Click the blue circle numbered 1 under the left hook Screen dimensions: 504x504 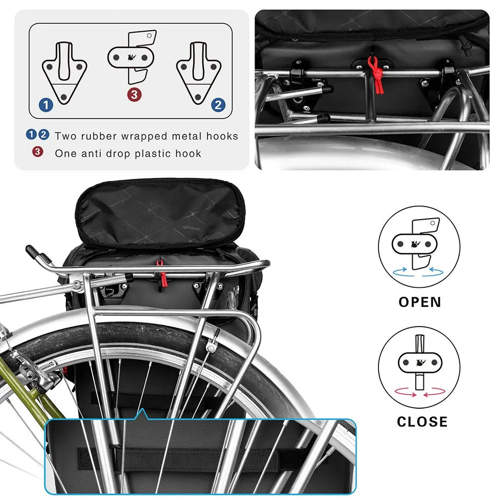(46, 105)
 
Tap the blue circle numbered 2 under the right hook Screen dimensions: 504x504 (218, 105)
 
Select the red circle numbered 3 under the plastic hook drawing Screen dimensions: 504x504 (133, 94)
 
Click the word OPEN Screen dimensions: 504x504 (420, 302)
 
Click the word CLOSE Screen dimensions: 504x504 (422, 421)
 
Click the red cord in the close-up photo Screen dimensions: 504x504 (374, 74)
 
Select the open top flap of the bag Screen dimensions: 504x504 (160, 212)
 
